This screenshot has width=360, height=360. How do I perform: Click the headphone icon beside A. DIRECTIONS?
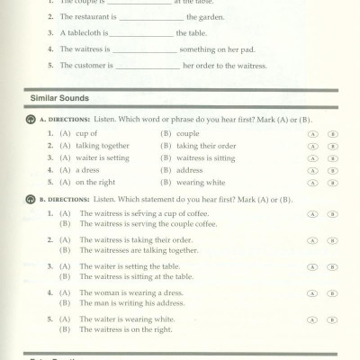click(x=31, y=119)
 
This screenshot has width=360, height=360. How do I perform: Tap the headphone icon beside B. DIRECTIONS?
click(x=31, y=195)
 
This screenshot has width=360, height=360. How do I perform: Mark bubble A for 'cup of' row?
click(x=310, y=133)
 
